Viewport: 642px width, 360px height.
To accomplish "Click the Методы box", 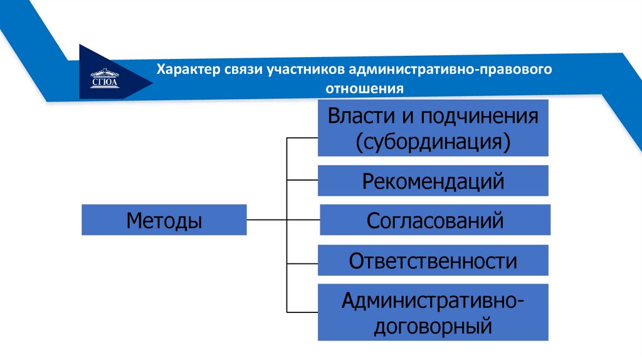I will click(x=164, y=220).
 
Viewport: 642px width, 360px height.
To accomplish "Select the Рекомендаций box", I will click(x=433, y=181).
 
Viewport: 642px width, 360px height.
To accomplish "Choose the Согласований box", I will click(x=435, y=220).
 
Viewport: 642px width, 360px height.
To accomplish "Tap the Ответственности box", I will click(x=433, y=260).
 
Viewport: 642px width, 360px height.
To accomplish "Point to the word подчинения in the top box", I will click(x=480, y=116).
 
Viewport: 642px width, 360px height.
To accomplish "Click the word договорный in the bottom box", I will click(x=433, y=326).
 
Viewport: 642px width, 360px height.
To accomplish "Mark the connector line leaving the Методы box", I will click(x=266, y=220).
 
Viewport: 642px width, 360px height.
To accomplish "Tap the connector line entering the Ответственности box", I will click(x=302, y=260).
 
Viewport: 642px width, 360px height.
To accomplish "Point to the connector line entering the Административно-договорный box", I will click(x=302, y=312).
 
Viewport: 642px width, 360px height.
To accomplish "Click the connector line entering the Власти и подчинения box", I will click(x=302, y=136).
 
